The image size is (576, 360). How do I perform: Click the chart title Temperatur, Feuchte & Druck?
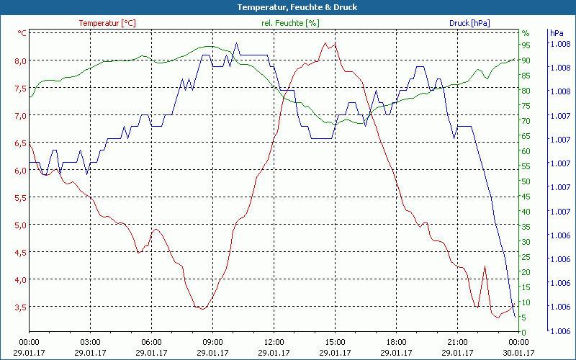[287, 7]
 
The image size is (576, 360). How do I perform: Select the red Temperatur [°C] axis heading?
[107, 23]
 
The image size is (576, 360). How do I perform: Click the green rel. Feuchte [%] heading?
[289, 23]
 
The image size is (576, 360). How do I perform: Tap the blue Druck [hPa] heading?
[469, 23]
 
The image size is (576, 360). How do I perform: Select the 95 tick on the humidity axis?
[526, 45]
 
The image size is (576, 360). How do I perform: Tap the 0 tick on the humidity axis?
[524, 332]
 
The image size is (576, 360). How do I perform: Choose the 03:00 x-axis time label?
[90, 342]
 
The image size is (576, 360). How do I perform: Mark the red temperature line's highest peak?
[325, 42]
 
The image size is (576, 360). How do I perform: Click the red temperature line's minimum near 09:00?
[204, 309]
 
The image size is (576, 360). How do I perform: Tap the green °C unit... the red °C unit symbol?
[22, 33]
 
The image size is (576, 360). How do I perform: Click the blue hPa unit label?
[557, 33]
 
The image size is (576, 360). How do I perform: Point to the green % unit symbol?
[526, 33]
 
